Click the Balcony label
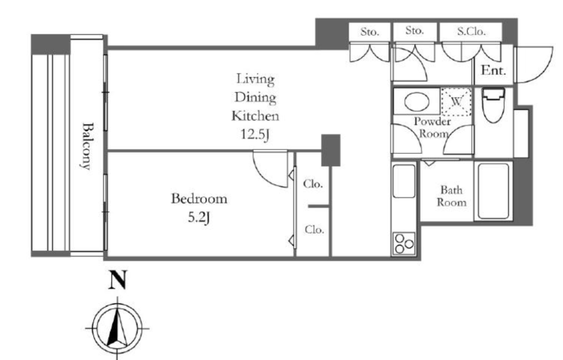(x=86, y=146)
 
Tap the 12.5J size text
(x=255, y=135)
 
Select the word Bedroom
(x=199, y=198)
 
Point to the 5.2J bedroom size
(x=198, y=218)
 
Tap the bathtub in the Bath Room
(x=493, y=191)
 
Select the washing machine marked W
(x=456, y=102)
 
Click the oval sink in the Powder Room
(x=417, y=102)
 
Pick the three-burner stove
(x=404, y=243)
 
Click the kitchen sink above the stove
(x=404, y=181)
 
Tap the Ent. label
(x=493, y=70)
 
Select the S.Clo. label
(x=471, y=31)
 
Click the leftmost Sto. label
(x=369, y=32)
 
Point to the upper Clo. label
(x=313, y=184)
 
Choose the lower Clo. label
(x=314, y=229)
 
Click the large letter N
(x=118, y=280)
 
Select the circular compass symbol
(x=118, y=328)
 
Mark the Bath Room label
(x=451, y=196)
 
